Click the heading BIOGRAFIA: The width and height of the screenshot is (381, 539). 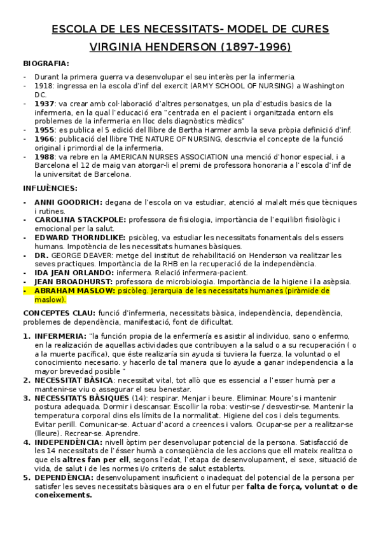46,64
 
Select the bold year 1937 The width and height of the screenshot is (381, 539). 45,103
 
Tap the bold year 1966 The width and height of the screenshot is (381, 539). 45,139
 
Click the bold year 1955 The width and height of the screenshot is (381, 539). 45,130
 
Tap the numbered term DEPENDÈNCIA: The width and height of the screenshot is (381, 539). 63,477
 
